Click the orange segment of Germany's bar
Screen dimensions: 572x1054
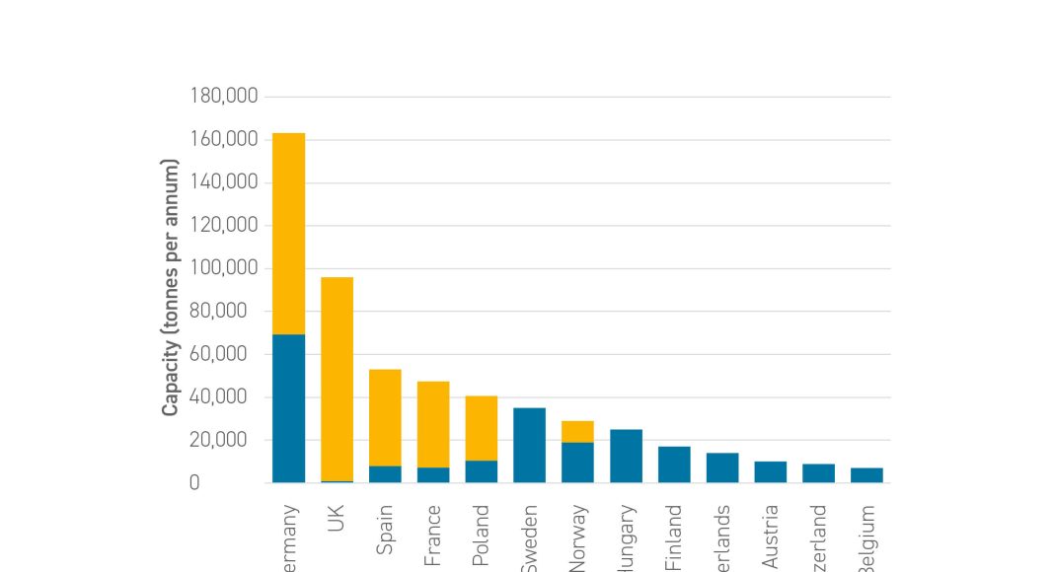tap(288, 233)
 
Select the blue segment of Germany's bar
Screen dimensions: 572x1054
tap(288, 408)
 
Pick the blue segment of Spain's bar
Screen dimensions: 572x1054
tap(385, 474)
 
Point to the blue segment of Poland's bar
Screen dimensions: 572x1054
tap(482, 471)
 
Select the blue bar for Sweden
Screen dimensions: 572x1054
tap(530, 446)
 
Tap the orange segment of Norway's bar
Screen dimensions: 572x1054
tap(577, 432)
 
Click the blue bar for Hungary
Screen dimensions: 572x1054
tap(626, 457)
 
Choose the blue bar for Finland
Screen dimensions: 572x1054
tap(674, 465)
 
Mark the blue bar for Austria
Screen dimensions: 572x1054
tap(771, 472)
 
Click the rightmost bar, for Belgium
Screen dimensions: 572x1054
tap(866, 475)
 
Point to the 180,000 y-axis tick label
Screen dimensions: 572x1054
tap(223, 97)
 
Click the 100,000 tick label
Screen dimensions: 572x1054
tap(223, 268)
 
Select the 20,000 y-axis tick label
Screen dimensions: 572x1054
tap(227, 440)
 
